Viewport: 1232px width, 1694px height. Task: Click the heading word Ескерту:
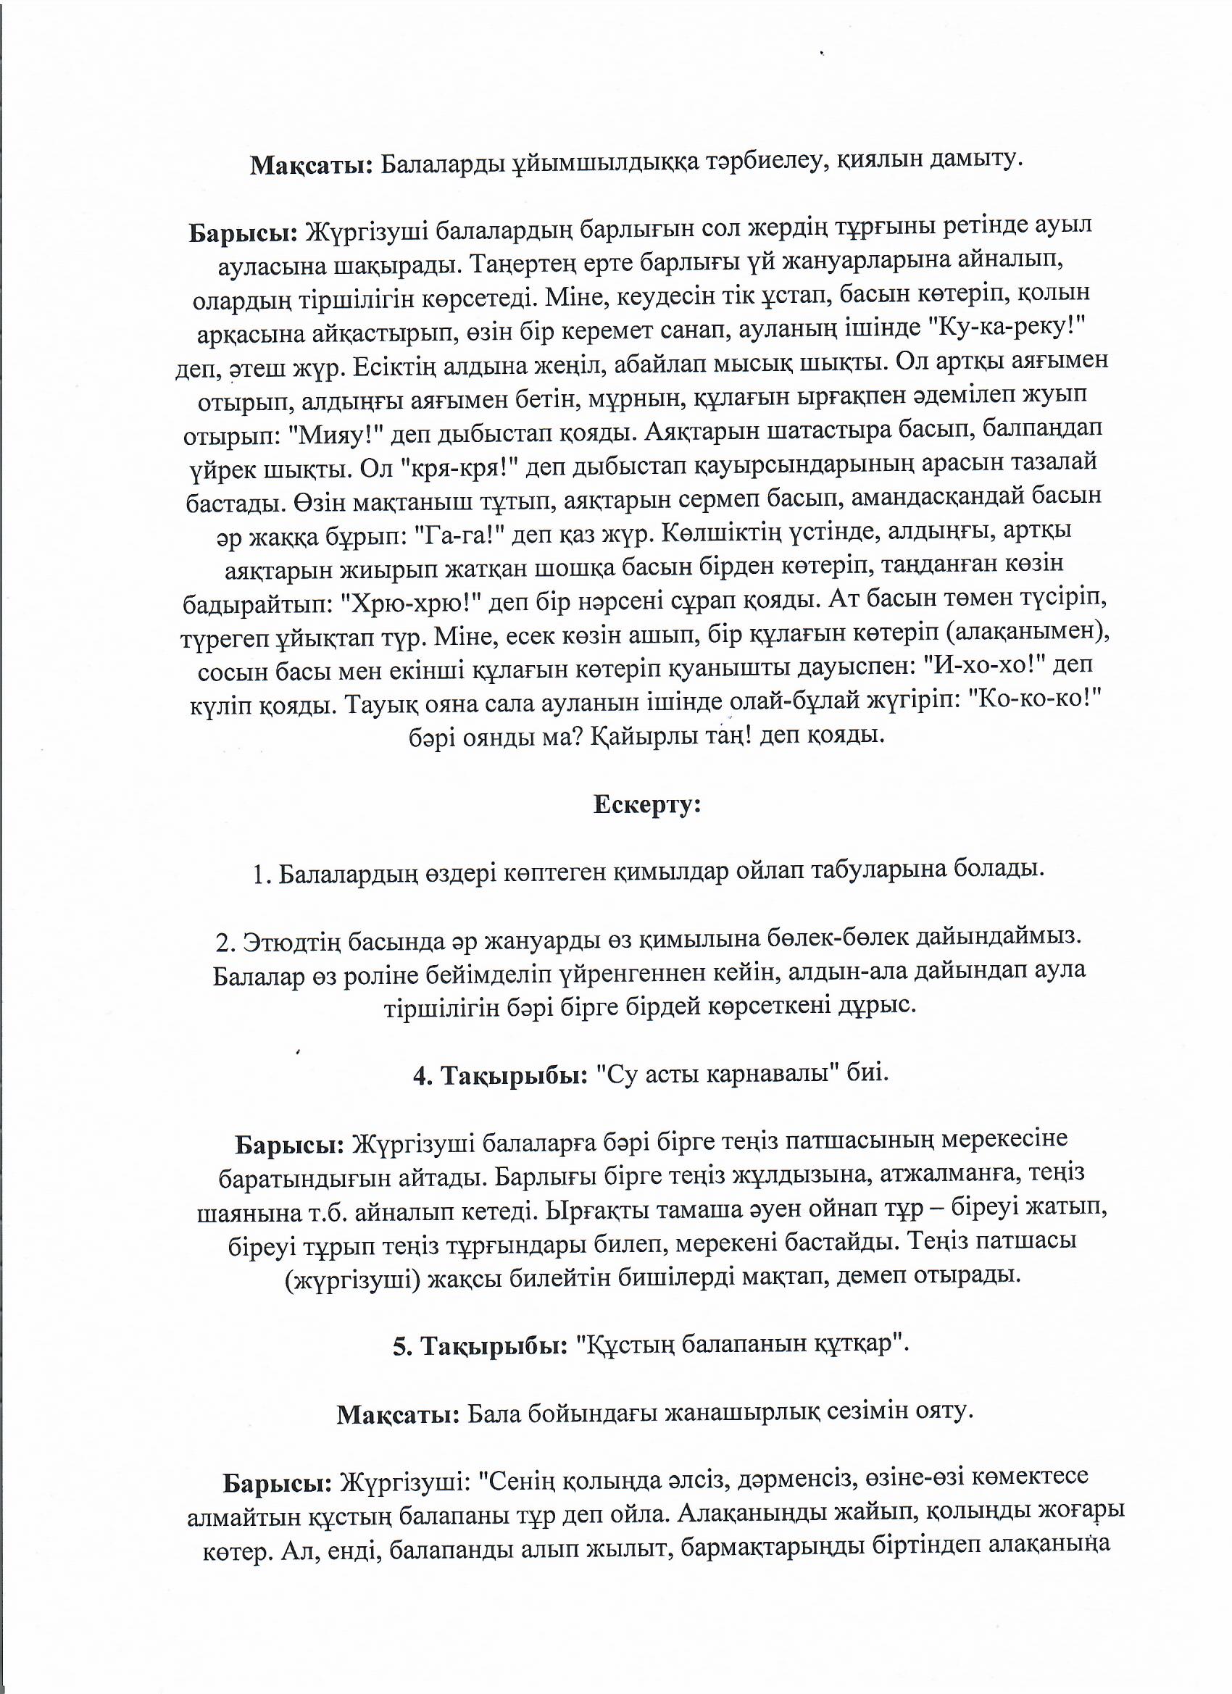(x=647, y=804)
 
